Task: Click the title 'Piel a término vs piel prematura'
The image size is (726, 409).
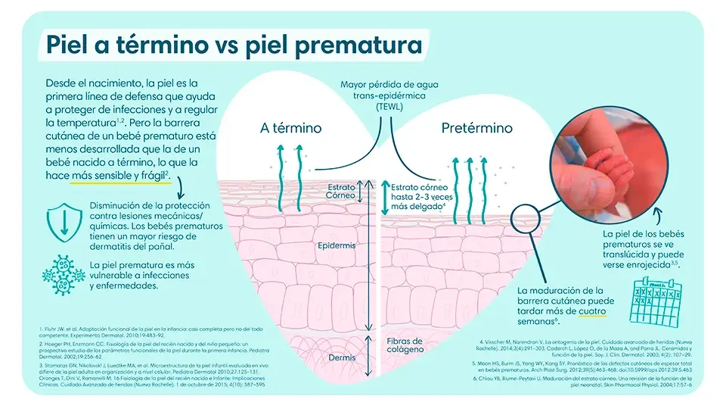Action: tap(234, 45)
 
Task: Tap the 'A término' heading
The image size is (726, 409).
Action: tap(290, 128)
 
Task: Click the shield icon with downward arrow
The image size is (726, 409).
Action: tap(62, 220)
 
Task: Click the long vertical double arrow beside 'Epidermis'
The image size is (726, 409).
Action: tap(368, 258)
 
